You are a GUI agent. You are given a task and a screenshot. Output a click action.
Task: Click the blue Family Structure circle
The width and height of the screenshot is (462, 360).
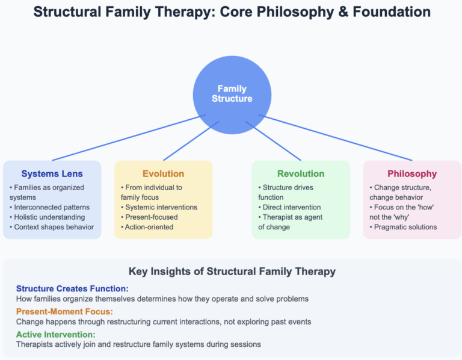point(232,94)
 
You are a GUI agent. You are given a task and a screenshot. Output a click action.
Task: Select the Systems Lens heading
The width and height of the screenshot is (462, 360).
point(52,173)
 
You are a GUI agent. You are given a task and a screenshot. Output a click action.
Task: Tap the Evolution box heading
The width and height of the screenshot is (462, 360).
point(163,173)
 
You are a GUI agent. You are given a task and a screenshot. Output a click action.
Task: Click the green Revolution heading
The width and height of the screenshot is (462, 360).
point(301,173)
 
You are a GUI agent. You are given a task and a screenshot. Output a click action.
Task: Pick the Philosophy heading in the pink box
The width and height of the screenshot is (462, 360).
point(412,173)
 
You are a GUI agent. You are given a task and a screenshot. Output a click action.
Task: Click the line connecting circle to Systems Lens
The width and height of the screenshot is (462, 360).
point(129,137)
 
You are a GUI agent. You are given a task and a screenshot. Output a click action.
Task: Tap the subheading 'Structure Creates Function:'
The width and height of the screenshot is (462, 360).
point(72,288)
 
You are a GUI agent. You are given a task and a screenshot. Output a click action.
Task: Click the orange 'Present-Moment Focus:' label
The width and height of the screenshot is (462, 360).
point(65,311)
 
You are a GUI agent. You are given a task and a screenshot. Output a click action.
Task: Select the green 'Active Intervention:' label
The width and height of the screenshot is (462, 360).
point(56,334)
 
